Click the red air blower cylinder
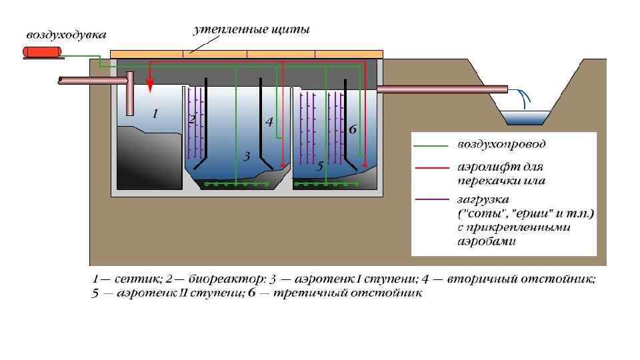pos(41,52)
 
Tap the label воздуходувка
pos(66,33)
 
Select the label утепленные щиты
pos(251,30)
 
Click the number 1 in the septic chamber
pos(155,114)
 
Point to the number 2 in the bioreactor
pos(192,120)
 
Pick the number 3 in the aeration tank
pos(247,157)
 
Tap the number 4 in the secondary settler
pos(269,122)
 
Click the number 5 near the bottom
pos(320,166)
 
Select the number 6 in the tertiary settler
pos(353,130)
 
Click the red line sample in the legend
pos(430,167)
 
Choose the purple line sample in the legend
pos(430,199)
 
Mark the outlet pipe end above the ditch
pos(506,89)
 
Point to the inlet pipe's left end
pos(60,80)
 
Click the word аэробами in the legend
pos(488,241)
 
